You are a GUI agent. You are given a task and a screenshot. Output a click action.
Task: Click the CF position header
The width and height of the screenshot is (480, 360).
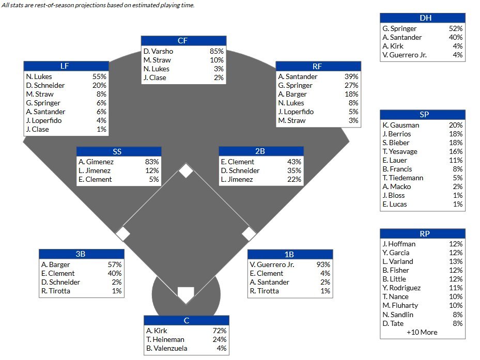(183, 41)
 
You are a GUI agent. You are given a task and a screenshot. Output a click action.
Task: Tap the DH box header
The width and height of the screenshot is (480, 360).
(423, 18)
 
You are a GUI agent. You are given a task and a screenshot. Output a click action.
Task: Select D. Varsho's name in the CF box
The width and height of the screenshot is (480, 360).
(159, 52)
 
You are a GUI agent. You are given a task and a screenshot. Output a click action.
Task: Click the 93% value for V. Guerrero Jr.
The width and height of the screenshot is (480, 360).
(323, 265)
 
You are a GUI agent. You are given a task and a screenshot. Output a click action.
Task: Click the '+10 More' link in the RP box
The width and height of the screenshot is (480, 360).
(422, 332)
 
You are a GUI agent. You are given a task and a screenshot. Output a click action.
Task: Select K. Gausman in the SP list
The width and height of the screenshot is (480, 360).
(401, 125)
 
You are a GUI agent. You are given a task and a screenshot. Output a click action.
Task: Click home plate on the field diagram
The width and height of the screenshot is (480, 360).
(185, 295)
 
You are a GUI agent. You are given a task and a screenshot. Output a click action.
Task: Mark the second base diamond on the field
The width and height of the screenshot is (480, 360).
(186, 170)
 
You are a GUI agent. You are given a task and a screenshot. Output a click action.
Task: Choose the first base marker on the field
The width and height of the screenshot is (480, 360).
(249, 233)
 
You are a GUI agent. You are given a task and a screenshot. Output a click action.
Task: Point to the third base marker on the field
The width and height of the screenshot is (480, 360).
(123, 233)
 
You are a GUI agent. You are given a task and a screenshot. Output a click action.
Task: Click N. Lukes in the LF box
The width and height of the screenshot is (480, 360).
(39, 76)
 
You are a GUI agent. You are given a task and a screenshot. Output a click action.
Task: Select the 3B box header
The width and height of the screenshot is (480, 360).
(81, 254)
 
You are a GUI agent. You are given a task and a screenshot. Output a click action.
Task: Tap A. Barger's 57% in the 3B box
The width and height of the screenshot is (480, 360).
(115, 265)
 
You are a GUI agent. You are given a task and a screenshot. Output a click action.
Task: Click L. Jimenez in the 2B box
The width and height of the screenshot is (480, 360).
(237, 179)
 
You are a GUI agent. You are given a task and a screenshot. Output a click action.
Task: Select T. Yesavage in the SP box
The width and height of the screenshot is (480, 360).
(400, 151)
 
